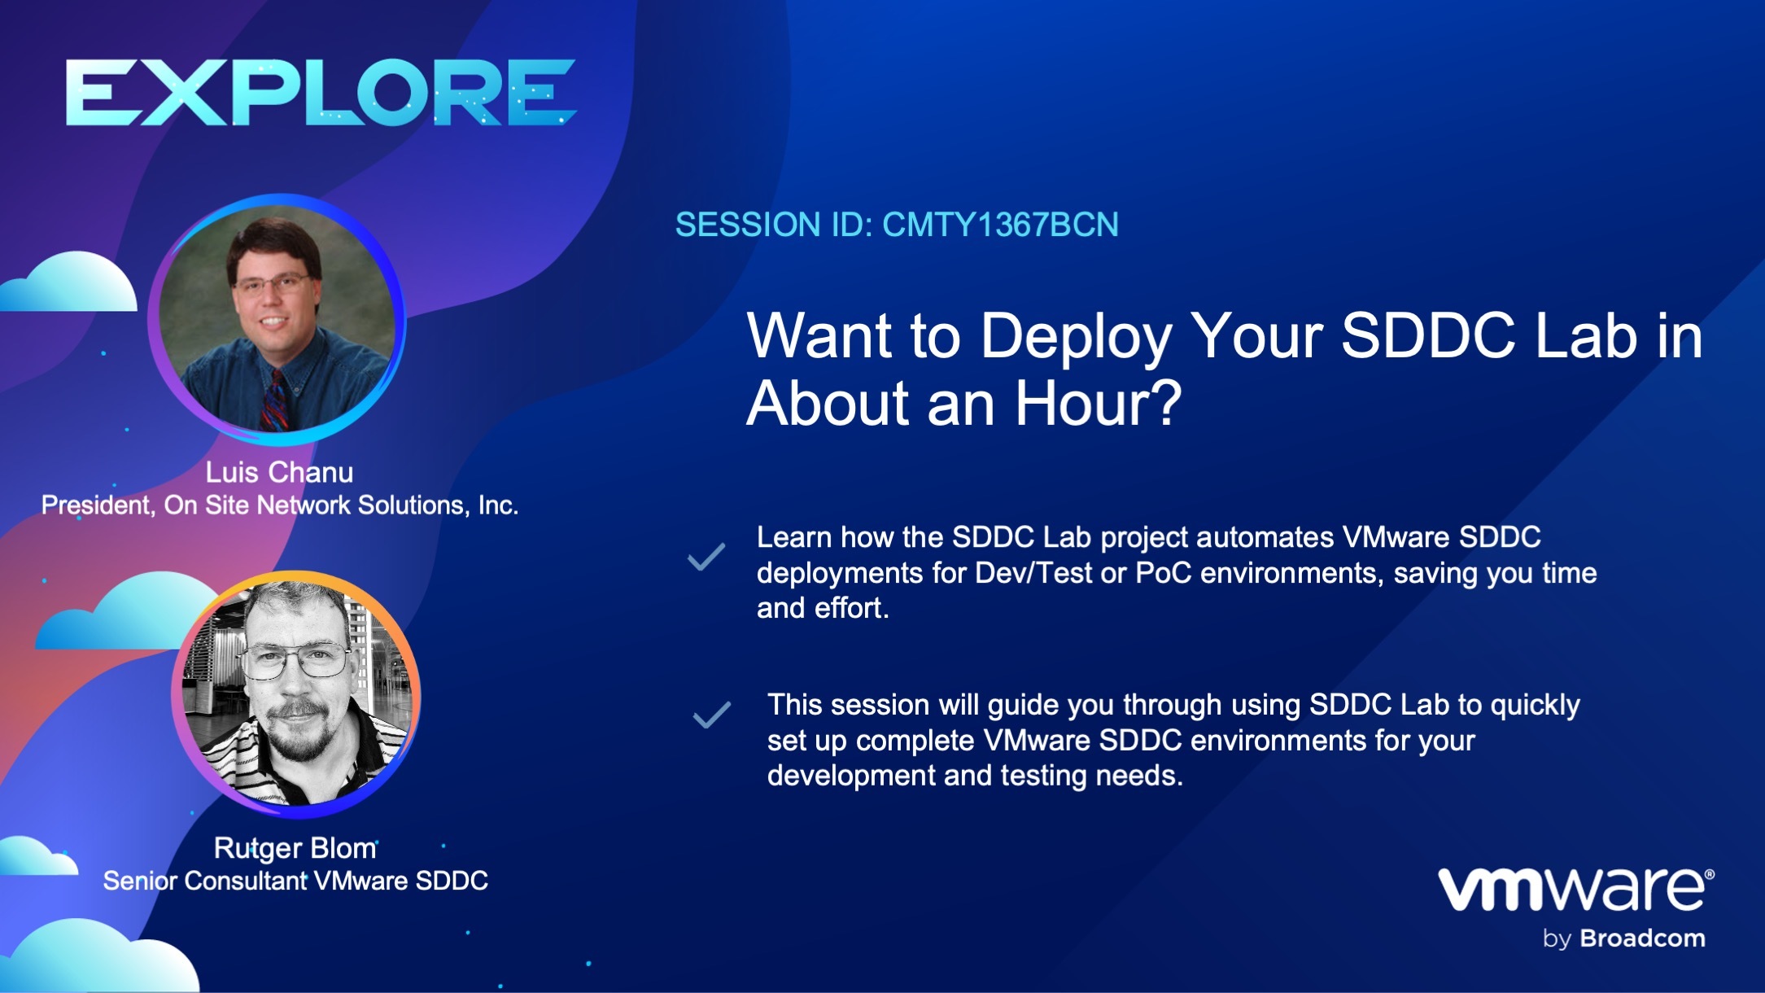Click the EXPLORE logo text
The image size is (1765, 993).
click(321, 92)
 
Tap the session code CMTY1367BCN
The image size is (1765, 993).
click(1000, 225)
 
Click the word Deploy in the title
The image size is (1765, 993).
click(1075, 336)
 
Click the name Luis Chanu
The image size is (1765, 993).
click(279, 472)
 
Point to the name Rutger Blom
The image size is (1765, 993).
click(295, 848)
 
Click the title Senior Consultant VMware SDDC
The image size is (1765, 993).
click(295, 881)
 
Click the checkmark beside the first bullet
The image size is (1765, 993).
click(706, 557)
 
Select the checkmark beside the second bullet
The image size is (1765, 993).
click(711, 715)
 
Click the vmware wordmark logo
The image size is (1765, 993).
click(1574, 890)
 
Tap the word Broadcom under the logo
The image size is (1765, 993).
click(1641, 938)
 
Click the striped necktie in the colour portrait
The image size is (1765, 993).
click(274, 400)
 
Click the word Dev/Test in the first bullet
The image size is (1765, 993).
click(1033, 573)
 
